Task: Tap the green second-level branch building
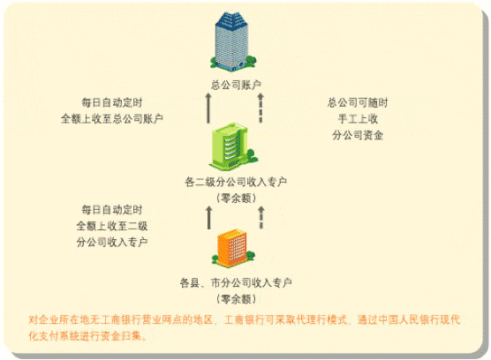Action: pos(234,146)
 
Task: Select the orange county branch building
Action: pos(233,248)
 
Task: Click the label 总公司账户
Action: pos(236,85)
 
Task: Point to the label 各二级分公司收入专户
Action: pos(236,182)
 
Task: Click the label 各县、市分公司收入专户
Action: pos(236,282)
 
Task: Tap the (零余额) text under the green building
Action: pos(236,198)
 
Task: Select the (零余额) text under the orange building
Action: pos(236,299)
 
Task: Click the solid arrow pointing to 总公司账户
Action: pos(208,108)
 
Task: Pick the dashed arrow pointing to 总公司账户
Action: pos(261,108)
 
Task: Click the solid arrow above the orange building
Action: pos(209,218)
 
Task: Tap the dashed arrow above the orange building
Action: pos(261,218)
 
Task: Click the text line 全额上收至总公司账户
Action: pos(112,119)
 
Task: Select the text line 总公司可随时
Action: pos(358,102)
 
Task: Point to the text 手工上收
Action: pos(358,119)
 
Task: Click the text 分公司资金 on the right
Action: pos(358,135)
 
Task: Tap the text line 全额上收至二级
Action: pos(112,226)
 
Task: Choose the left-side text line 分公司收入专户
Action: pos(112,242)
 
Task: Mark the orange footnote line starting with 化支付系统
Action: pos(87,336)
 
